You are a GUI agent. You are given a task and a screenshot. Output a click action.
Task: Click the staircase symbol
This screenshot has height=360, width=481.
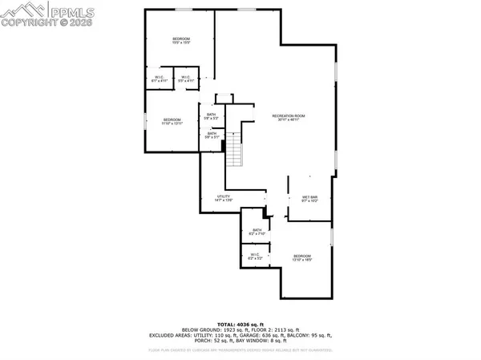click(234, 150)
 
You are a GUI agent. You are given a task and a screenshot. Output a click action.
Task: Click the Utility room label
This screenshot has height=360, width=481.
click(224, 198)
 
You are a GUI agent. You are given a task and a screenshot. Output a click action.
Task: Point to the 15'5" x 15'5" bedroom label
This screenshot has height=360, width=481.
click(181, 41)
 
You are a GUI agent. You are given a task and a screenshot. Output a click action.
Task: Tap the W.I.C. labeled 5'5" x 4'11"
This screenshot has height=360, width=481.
click(186, 79)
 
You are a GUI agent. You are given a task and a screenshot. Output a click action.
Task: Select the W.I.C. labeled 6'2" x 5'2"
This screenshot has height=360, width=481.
click(255, 257)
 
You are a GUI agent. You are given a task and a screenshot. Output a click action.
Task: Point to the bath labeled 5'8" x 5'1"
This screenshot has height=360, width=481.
click(212, 136)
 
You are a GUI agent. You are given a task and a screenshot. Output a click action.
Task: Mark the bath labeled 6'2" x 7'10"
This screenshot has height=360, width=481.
click(257, 233)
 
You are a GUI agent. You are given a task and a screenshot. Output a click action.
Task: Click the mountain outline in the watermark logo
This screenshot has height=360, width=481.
click(18, 10)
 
